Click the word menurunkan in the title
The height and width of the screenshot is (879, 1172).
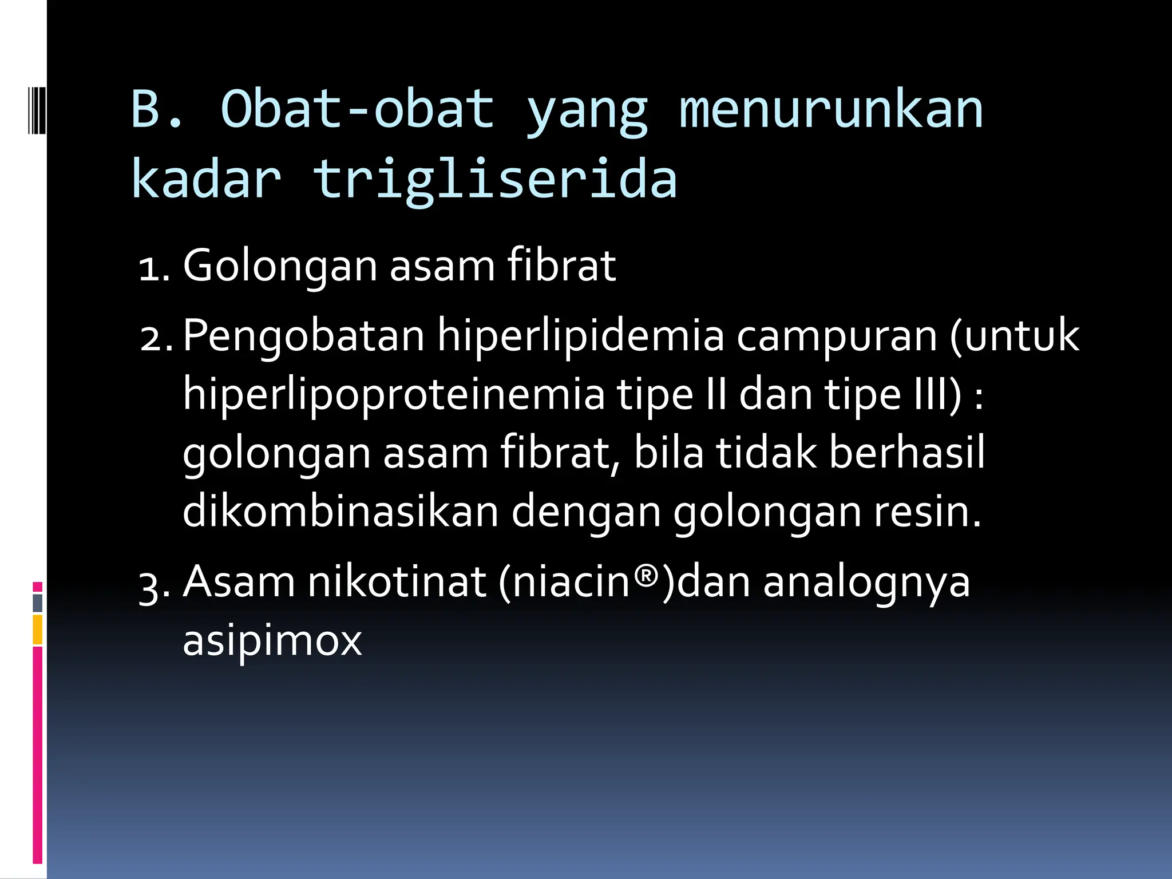[831, 110]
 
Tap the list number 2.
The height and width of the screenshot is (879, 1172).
[156, 338]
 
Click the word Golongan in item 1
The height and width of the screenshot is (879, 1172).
[280, 267]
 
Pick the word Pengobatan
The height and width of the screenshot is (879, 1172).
[303, 336]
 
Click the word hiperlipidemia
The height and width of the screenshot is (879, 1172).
[581, 336]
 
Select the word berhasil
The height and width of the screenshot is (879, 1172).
[907, 453]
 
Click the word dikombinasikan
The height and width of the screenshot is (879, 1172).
[340, 511]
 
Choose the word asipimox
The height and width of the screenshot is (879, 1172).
[272, 641]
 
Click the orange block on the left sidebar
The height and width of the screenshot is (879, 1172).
[37, 629]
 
